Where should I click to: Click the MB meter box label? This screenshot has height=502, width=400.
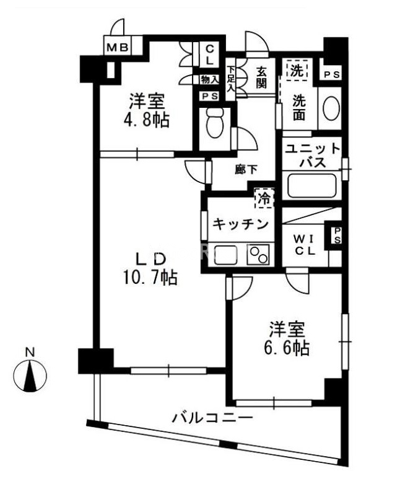(x=116, y=47)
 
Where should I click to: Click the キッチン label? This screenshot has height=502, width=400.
(x=240, y=224)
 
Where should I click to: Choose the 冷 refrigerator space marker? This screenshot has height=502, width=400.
(x=264, y=198)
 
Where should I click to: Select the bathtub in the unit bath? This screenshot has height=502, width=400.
(x=312, y=185)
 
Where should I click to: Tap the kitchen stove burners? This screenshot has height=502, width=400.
(x=258, y=255)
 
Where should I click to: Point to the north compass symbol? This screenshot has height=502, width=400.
(x=30, y=375)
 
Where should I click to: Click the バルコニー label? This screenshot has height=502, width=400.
(x=212, y=418)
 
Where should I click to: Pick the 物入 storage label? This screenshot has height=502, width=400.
(x=209, y=79)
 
